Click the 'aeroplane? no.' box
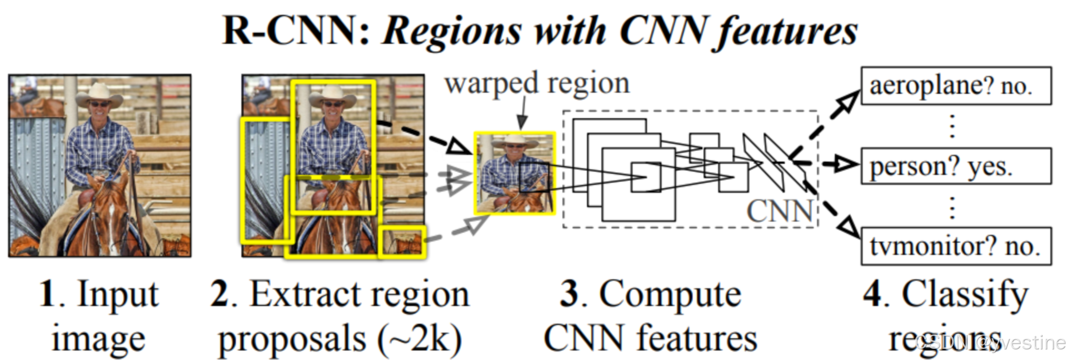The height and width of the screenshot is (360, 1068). click(x=955, y=86)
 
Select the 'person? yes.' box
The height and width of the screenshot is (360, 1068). click(x=955, y=166)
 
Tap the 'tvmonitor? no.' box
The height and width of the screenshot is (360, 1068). click(x=955, y=246)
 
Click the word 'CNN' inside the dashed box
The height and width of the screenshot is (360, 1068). click(x=779, y=212)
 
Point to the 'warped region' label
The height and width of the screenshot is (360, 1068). click(x=537, y=83)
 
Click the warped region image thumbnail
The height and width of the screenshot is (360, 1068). click(x=515, y=173)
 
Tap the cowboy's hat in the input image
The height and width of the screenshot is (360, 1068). click(x=99, y=94)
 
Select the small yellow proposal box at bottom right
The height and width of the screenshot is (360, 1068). click(x=402, y=242)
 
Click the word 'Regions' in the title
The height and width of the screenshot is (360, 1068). click(x=452, y=31)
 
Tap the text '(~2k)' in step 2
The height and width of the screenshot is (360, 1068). click(x=420, y=339)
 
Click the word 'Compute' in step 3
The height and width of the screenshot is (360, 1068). click(x=670, y=293)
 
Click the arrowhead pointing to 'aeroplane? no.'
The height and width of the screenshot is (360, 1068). click(x=849, y=102)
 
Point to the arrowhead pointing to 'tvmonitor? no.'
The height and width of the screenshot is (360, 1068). click(x=848, y=227)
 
